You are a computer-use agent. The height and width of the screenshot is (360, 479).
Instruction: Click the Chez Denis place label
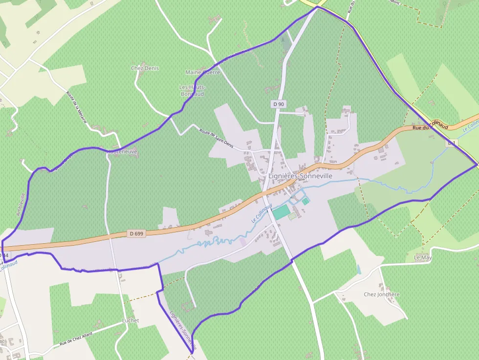click(x=145, y=68)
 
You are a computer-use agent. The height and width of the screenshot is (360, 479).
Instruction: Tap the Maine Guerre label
click(x=203, y=72)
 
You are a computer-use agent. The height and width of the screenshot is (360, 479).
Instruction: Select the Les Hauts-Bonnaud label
click(x=193, y=90)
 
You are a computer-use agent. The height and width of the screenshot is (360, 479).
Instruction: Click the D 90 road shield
click(x=279, y=104)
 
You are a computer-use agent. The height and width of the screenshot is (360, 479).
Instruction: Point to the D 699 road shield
click(x=137, y=233)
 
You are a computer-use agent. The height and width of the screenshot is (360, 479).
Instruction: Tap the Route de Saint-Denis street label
click(x=217, y=138)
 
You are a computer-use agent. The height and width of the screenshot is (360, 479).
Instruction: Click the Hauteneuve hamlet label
click(x=122, y=152)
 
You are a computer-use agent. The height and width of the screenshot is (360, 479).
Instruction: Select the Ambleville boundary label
click(x=22, y=205)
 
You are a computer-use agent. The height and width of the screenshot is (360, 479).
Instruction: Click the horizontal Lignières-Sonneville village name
click(x=301, y=176)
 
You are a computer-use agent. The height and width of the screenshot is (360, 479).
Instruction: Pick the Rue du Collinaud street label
click(x=430, y=126)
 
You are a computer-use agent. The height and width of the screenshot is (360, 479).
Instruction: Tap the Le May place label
click(x=423, y=257)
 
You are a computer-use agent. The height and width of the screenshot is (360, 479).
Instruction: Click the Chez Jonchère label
click(x=382, y=295)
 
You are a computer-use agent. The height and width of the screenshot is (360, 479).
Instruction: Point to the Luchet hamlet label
click(x=131, y=320)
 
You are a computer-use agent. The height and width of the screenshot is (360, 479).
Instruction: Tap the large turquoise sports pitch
click(x=281, y=212)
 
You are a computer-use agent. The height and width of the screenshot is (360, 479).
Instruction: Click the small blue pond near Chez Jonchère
click(x=359, y=269)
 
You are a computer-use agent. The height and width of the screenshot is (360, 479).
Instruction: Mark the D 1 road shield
click(x=451, y=143)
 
